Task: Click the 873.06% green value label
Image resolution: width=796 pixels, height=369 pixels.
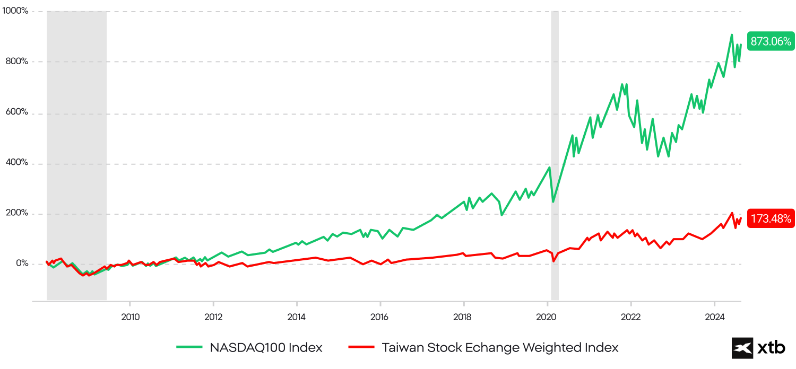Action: click(771, 41)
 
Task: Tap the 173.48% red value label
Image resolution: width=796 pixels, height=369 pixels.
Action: click(771, 218)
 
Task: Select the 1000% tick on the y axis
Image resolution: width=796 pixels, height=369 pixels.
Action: click(15, 11)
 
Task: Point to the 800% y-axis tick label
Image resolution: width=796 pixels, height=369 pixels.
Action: click(17, 61)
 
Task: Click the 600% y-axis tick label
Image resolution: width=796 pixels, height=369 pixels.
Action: click(17, 112)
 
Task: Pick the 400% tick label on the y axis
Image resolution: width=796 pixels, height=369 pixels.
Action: click(17, 163)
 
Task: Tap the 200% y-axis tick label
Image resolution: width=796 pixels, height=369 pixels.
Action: click(17, 213)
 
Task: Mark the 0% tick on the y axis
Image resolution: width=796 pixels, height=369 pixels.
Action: click(21, 263)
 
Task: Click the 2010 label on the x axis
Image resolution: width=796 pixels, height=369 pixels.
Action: click(130, 318)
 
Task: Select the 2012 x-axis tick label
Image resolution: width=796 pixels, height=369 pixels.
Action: click(213, 318)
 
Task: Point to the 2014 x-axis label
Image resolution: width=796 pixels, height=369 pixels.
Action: click(297, 318)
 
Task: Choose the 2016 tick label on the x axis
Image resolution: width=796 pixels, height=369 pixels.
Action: click(380, 318)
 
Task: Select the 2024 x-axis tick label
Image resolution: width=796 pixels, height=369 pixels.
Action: click(714, 318)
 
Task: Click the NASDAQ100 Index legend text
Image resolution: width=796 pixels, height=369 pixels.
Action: click(266, 348)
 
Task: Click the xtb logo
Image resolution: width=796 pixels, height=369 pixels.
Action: click(759, 348)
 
